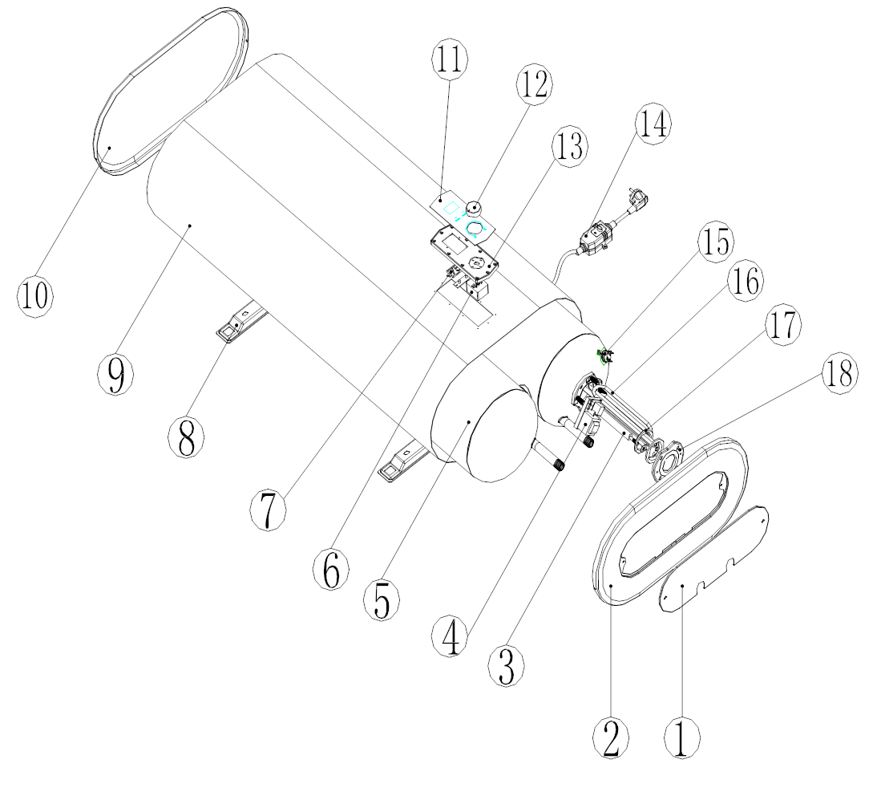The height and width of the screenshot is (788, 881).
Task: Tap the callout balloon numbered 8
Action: tap(186, 437)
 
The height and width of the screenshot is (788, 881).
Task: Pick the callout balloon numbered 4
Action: tap(450, 636)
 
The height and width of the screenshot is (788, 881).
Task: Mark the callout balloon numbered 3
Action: tap(506, 665)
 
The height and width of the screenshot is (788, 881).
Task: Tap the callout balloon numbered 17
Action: tap(782, 325)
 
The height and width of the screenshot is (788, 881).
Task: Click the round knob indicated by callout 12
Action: tap(471, 209)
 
